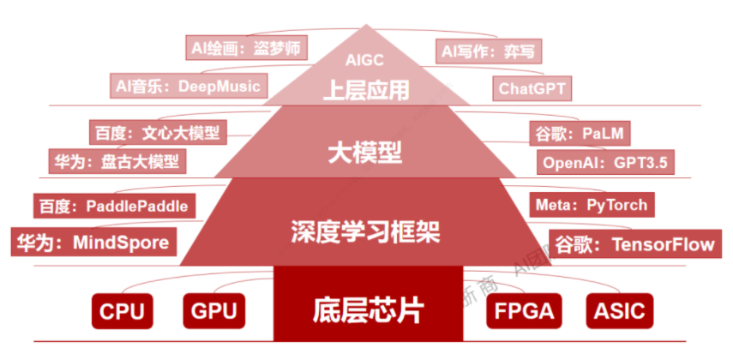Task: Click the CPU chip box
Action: point(123,311)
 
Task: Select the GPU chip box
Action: point(214,311)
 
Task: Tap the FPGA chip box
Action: point(521,311)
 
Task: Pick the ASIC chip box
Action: point(619,311)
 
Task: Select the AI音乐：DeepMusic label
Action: point(189,85)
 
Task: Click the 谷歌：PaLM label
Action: point(581,134)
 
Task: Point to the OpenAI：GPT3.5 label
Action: point(605,161)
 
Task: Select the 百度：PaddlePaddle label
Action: point(112,206)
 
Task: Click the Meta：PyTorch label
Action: point(591,206)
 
